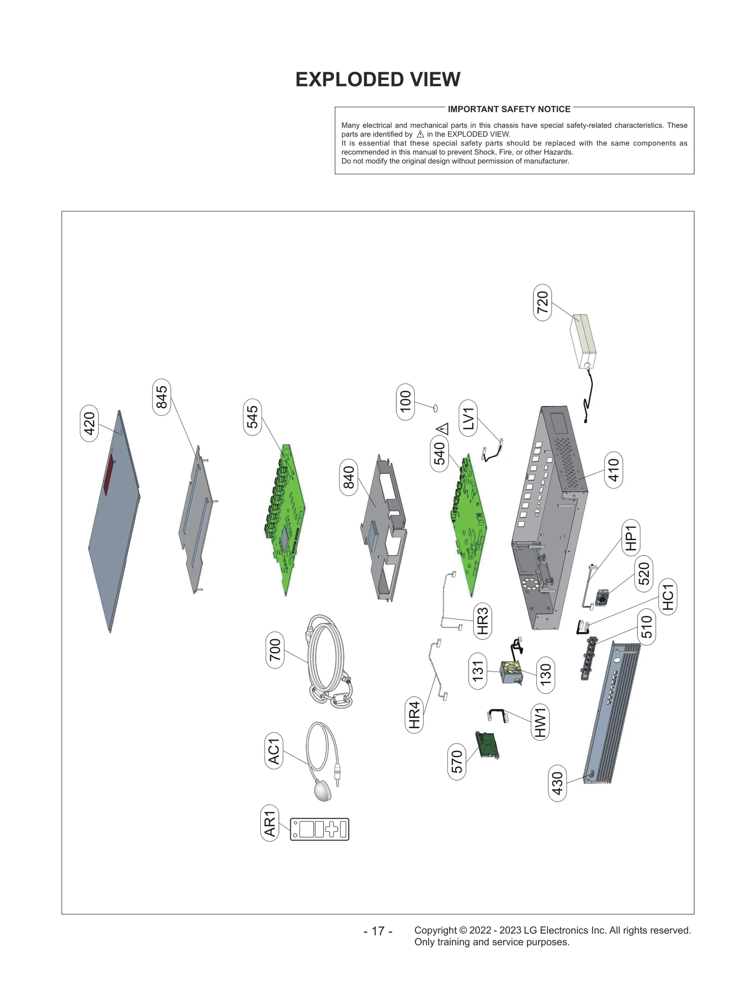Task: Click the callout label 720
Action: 542,302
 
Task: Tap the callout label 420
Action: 89,423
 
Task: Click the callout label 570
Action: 456,761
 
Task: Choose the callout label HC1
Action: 668,596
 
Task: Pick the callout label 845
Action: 162,397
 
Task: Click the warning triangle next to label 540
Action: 443,429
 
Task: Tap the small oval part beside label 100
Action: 435,408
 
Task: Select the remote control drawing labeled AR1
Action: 319,829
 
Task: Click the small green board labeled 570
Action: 487,745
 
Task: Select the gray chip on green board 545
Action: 284,538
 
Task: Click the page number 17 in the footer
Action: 378,931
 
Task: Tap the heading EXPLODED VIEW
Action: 378,79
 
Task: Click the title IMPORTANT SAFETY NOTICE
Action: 509,109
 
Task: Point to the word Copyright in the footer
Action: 435,930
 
